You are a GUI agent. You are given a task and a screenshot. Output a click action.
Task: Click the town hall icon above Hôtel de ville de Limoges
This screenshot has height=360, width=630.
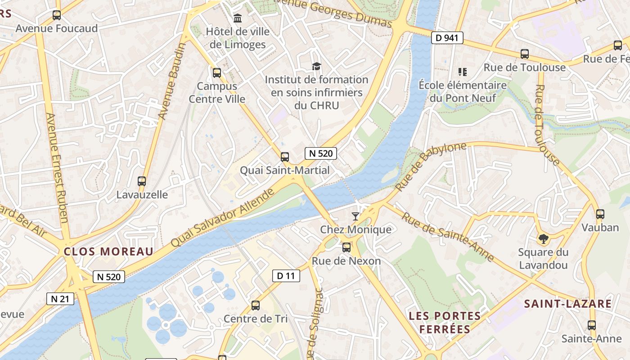coord(237,18)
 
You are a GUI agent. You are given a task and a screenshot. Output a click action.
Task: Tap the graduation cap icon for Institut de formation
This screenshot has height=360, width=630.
coord(316,67)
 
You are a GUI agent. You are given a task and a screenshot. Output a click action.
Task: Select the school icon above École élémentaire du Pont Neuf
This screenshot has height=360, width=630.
coord(462,72)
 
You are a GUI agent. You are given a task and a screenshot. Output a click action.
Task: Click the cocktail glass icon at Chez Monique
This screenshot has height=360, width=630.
coord(355,216)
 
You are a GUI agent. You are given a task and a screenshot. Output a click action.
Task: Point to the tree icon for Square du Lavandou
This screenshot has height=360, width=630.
coord(543,239)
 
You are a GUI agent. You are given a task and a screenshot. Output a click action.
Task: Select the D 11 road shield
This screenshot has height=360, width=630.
coord(286,276)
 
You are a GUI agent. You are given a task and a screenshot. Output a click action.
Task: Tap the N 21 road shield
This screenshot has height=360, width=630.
coord(60,298)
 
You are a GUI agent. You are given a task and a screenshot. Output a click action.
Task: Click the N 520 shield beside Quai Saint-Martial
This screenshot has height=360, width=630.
coord(320,153)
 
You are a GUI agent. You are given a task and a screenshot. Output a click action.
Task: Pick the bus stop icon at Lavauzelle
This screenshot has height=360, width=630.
coord(142,181)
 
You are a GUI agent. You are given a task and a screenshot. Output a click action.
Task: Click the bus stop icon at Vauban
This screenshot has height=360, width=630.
coord(600,214)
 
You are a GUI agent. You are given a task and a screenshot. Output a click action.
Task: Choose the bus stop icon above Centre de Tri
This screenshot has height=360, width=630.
coord(256,306)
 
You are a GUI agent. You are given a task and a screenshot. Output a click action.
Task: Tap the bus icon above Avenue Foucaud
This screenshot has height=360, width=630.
coord(57,15)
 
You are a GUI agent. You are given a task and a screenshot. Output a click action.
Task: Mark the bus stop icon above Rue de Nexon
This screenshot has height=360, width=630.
coord(346,247)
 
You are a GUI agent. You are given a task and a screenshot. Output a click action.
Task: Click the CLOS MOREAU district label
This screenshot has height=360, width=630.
coord(108,252)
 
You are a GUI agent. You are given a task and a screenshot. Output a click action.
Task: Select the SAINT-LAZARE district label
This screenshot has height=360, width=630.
coord(568,304)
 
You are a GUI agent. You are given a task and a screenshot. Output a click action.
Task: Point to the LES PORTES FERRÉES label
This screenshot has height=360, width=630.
coord(445,322)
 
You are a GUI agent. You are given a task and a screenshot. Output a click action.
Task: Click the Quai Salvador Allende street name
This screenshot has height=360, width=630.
coord(223,218)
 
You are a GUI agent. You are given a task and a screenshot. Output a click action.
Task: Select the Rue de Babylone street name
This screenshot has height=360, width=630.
coord(431,166)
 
